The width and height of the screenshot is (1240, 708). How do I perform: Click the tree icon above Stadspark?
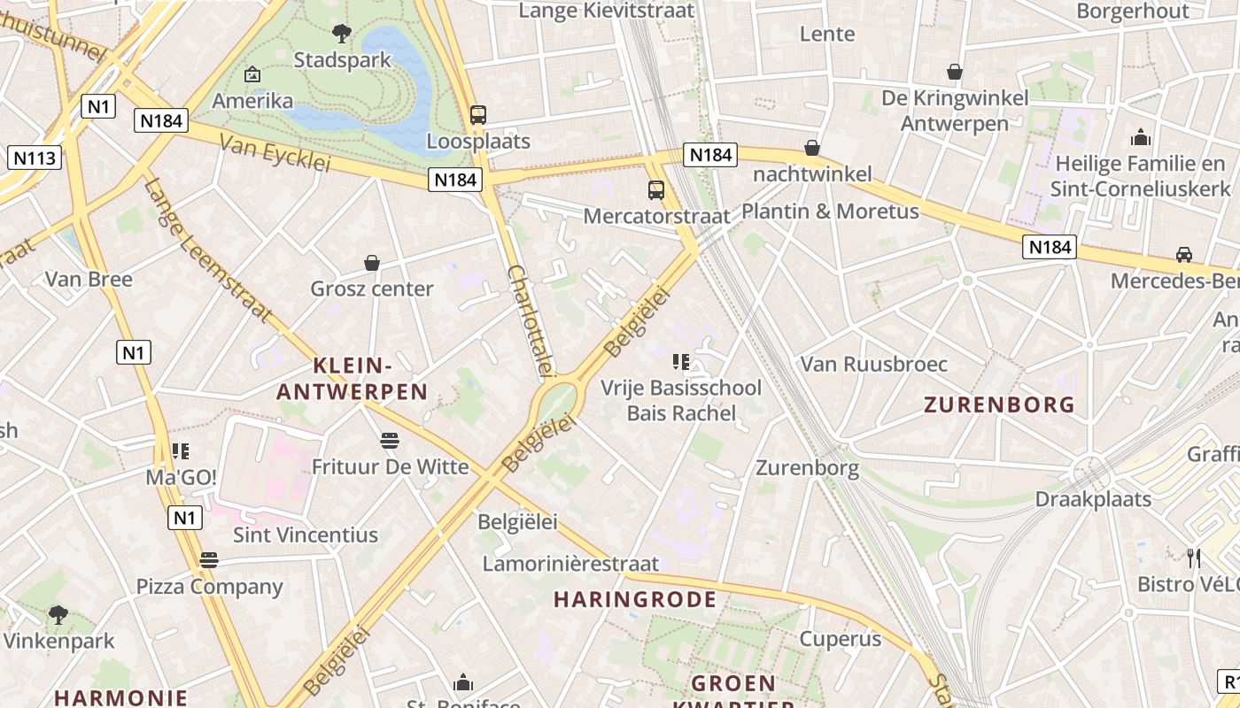pos(341,35)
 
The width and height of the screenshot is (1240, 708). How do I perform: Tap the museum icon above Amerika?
pos(252,74)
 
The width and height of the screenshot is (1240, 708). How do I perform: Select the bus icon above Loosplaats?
pos(478,114)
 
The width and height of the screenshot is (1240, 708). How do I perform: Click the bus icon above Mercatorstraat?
pos(656,189)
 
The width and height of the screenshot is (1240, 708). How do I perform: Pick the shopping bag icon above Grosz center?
pos(372,263)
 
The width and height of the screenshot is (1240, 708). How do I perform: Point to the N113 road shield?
pos(35,158)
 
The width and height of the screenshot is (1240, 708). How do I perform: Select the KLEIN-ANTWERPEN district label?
pos(353,379)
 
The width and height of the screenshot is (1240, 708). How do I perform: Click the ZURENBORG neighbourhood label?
pos(999,405)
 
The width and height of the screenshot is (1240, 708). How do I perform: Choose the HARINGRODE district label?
pos(635,600)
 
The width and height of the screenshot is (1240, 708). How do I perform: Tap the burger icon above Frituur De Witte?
pos(390,440)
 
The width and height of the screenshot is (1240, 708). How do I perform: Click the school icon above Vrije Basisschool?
pos(680,361)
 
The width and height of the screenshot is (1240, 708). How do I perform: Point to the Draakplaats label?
pos(1093,499)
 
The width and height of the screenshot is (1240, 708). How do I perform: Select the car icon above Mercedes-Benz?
pos(1184,255)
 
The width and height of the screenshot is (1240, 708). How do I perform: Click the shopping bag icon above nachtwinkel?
pos(812,148)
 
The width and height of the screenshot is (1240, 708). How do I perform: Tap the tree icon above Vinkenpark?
pos(58,613)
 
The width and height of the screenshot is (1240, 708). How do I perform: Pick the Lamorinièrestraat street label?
pos(570,564)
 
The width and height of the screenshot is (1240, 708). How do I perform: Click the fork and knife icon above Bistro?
pos(1194,558)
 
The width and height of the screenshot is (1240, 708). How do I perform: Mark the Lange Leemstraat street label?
pos(207,250)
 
